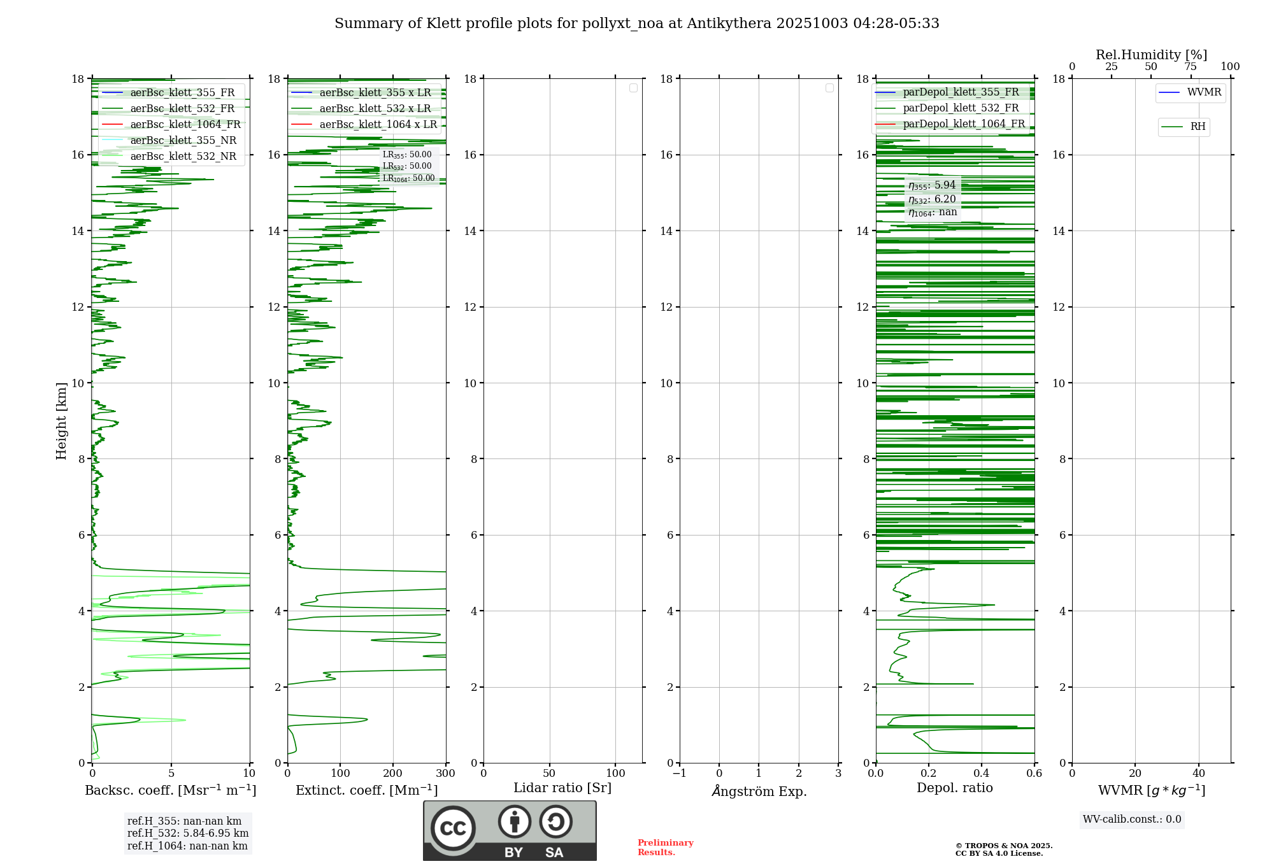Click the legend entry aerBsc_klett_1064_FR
tap(185, 125)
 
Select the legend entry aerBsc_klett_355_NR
tap(183, 141)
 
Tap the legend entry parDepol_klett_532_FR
tap(960, 108)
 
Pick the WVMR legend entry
tap(1203, 92)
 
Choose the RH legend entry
tap(1197, 127)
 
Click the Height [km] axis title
tap(61, 421)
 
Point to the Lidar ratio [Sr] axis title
tap(562, 788)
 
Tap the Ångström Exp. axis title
tap(759, 791)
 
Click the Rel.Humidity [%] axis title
tap(1151, 55)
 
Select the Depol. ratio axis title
tap(954, 788)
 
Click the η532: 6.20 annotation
tap(932, 199)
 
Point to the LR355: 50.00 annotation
tap(407, 155)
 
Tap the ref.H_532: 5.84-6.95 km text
tap(188, 834)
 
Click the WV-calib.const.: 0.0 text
tap(1132, 820)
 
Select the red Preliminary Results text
tap(665, 848)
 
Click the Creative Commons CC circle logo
tap(453, 828)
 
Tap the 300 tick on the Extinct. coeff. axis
tap(446, 774)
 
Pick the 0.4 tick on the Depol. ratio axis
tap(982, 774)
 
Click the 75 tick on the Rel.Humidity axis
tap(1190, 67)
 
